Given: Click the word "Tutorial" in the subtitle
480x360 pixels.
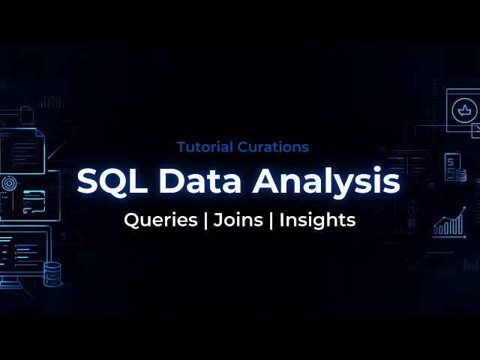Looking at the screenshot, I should click(202, 147).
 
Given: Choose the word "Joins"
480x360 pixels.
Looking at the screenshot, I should click(235, 220).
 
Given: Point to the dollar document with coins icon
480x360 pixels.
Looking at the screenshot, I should click(454, 168).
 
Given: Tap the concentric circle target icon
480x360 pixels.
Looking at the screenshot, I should click(9, 182).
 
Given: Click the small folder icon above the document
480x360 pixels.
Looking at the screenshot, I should click(27, 115).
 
